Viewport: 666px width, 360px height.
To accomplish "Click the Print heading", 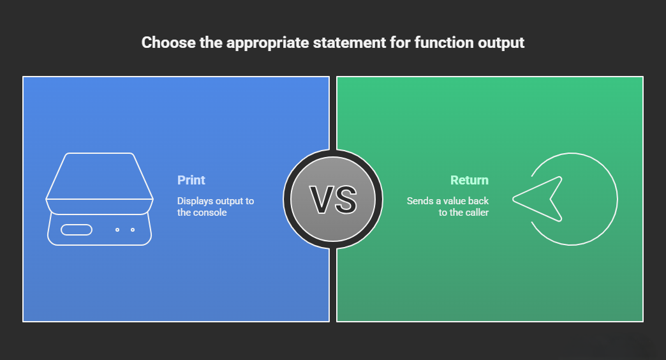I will (x=191, y=180).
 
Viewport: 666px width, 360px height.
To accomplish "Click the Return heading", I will (x=470, y=180).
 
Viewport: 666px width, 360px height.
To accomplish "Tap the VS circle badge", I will (x=333, y=199).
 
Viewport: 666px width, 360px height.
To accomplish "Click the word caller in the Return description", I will (x=475, y=213).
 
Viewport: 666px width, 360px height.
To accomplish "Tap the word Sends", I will (x=420, y=201).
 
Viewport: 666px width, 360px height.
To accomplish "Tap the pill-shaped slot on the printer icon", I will (x=77, y=230).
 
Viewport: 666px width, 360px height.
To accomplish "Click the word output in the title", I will (x=503, y=43).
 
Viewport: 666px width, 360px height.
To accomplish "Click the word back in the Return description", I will (x=478, y=201).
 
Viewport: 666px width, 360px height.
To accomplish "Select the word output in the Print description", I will (x=228, y=201).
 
